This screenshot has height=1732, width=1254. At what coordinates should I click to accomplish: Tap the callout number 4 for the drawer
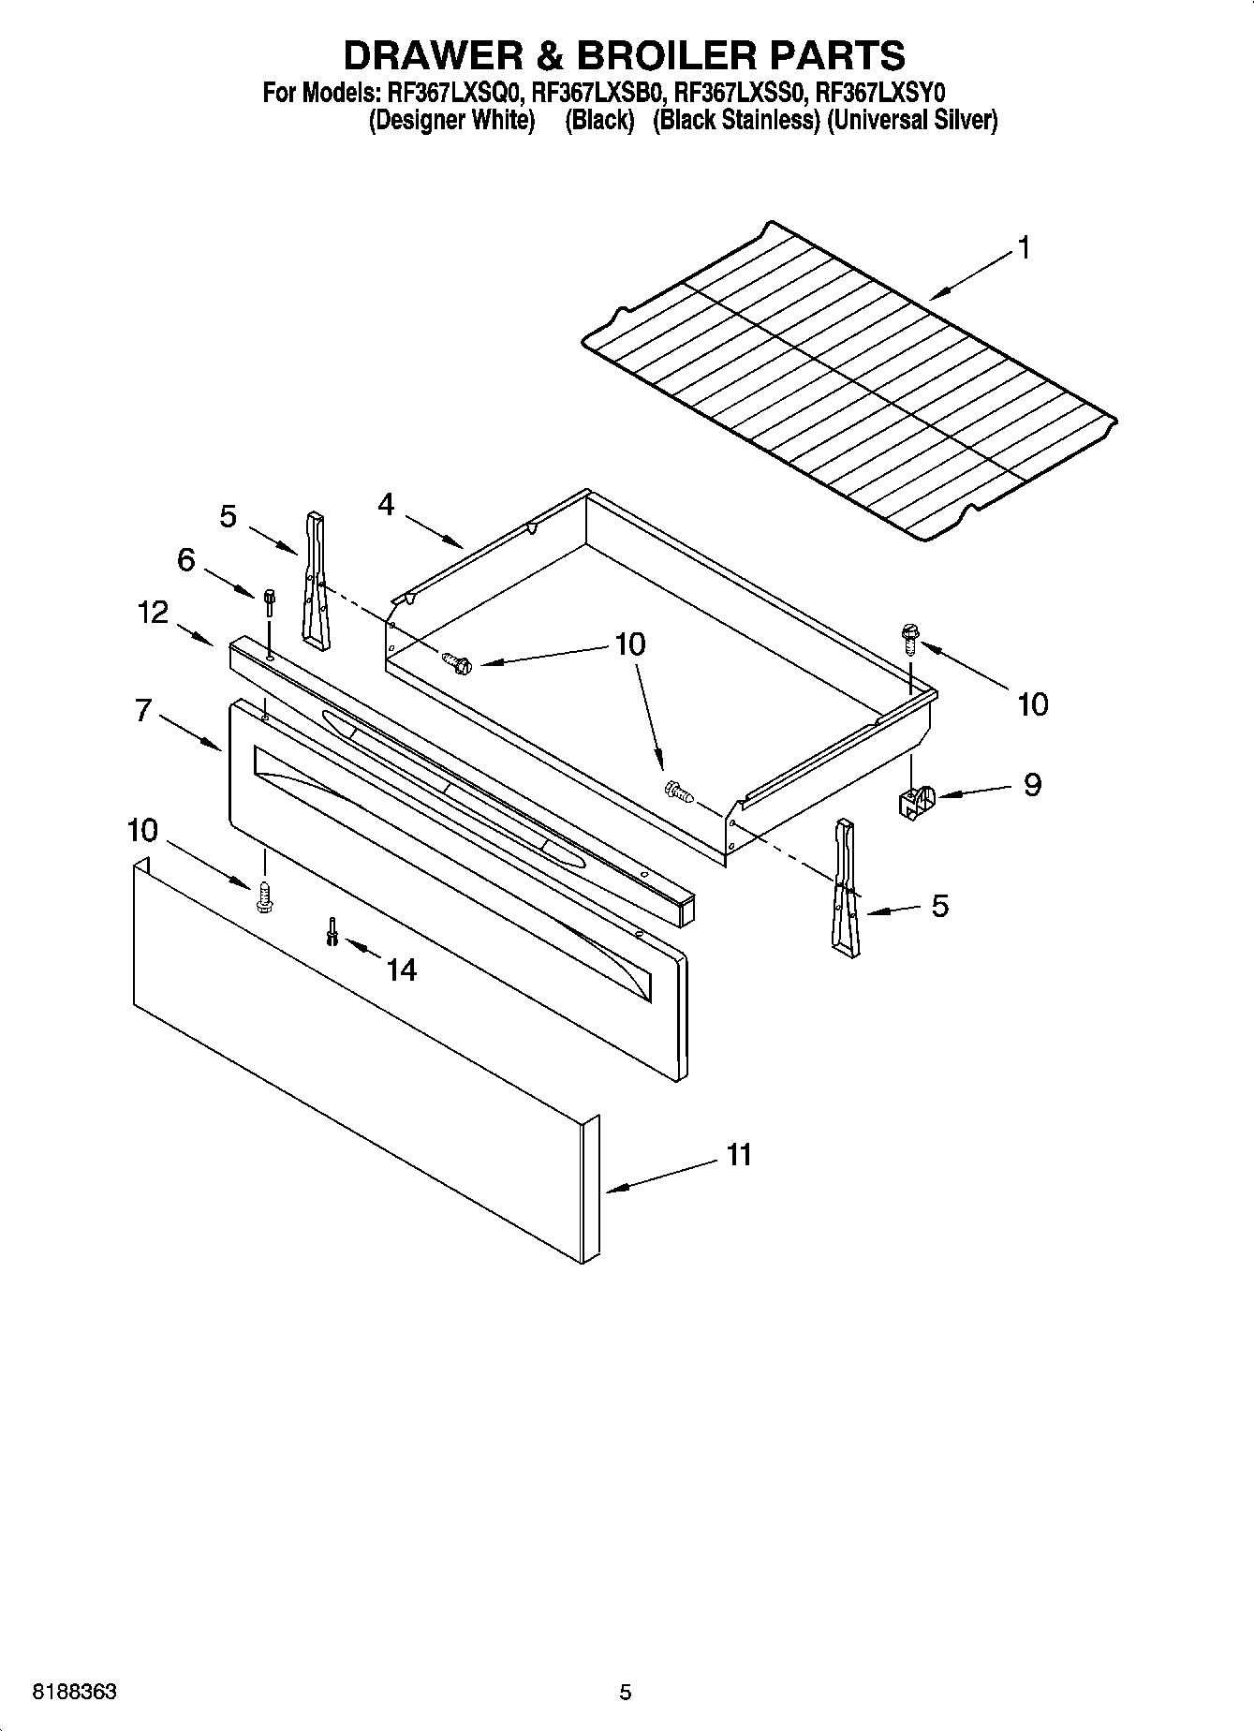[386, 505]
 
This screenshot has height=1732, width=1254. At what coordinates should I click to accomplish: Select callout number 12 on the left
[153, 613]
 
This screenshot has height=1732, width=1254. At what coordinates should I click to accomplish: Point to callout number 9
[1031, 784]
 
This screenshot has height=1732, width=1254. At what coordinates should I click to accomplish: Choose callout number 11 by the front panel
[739, 1155]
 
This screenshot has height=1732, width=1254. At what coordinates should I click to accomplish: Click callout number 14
[401, 970]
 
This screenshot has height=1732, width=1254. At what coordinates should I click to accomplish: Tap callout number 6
[186, 560]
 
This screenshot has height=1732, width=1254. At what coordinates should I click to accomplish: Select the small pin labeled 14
[332, 931]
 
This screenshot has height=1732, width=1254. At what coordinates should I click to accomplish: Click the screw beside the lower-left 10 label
[264, 897]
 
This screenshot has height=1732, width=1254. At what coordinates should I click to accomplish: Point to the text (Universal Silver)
[912, 121]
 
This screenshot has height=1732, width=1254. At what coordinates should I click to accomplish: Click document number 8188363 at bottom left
[74, 1693]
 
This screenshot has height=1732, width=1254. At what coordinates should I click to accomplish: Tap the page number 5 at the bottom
[626, 1693]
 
